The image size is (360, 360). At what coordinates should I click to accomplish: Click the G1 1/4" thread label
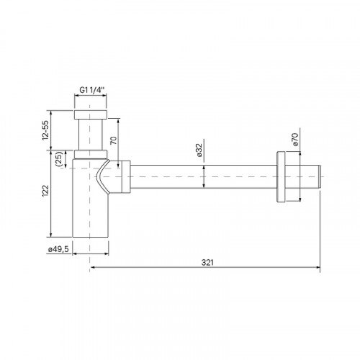pos(92,90)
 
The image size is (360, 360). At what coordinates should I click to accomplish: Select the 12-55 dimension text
pos(45,130)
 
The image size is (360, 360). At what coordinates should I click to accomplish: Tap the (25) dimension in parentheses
pos(59,159)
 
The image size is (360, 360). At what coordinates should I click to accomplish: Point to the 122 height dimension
pos(45,191)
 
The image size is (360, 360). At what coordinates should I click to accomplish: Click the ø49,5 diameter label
pos(58,249)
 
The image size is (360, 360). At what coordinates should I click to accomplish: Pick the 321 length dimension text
pos(207,262)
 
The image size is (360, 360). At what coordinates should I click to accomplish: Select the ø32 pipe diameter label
pos(199,150)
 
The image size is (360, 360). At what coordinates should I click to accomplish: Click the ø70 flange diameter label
pos(294,139)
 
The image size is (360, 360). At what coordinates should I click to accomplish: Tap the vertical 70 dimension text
pos(113,140)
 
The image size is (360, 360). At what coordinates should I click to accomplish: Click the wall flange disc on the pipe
pos(281,177)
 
